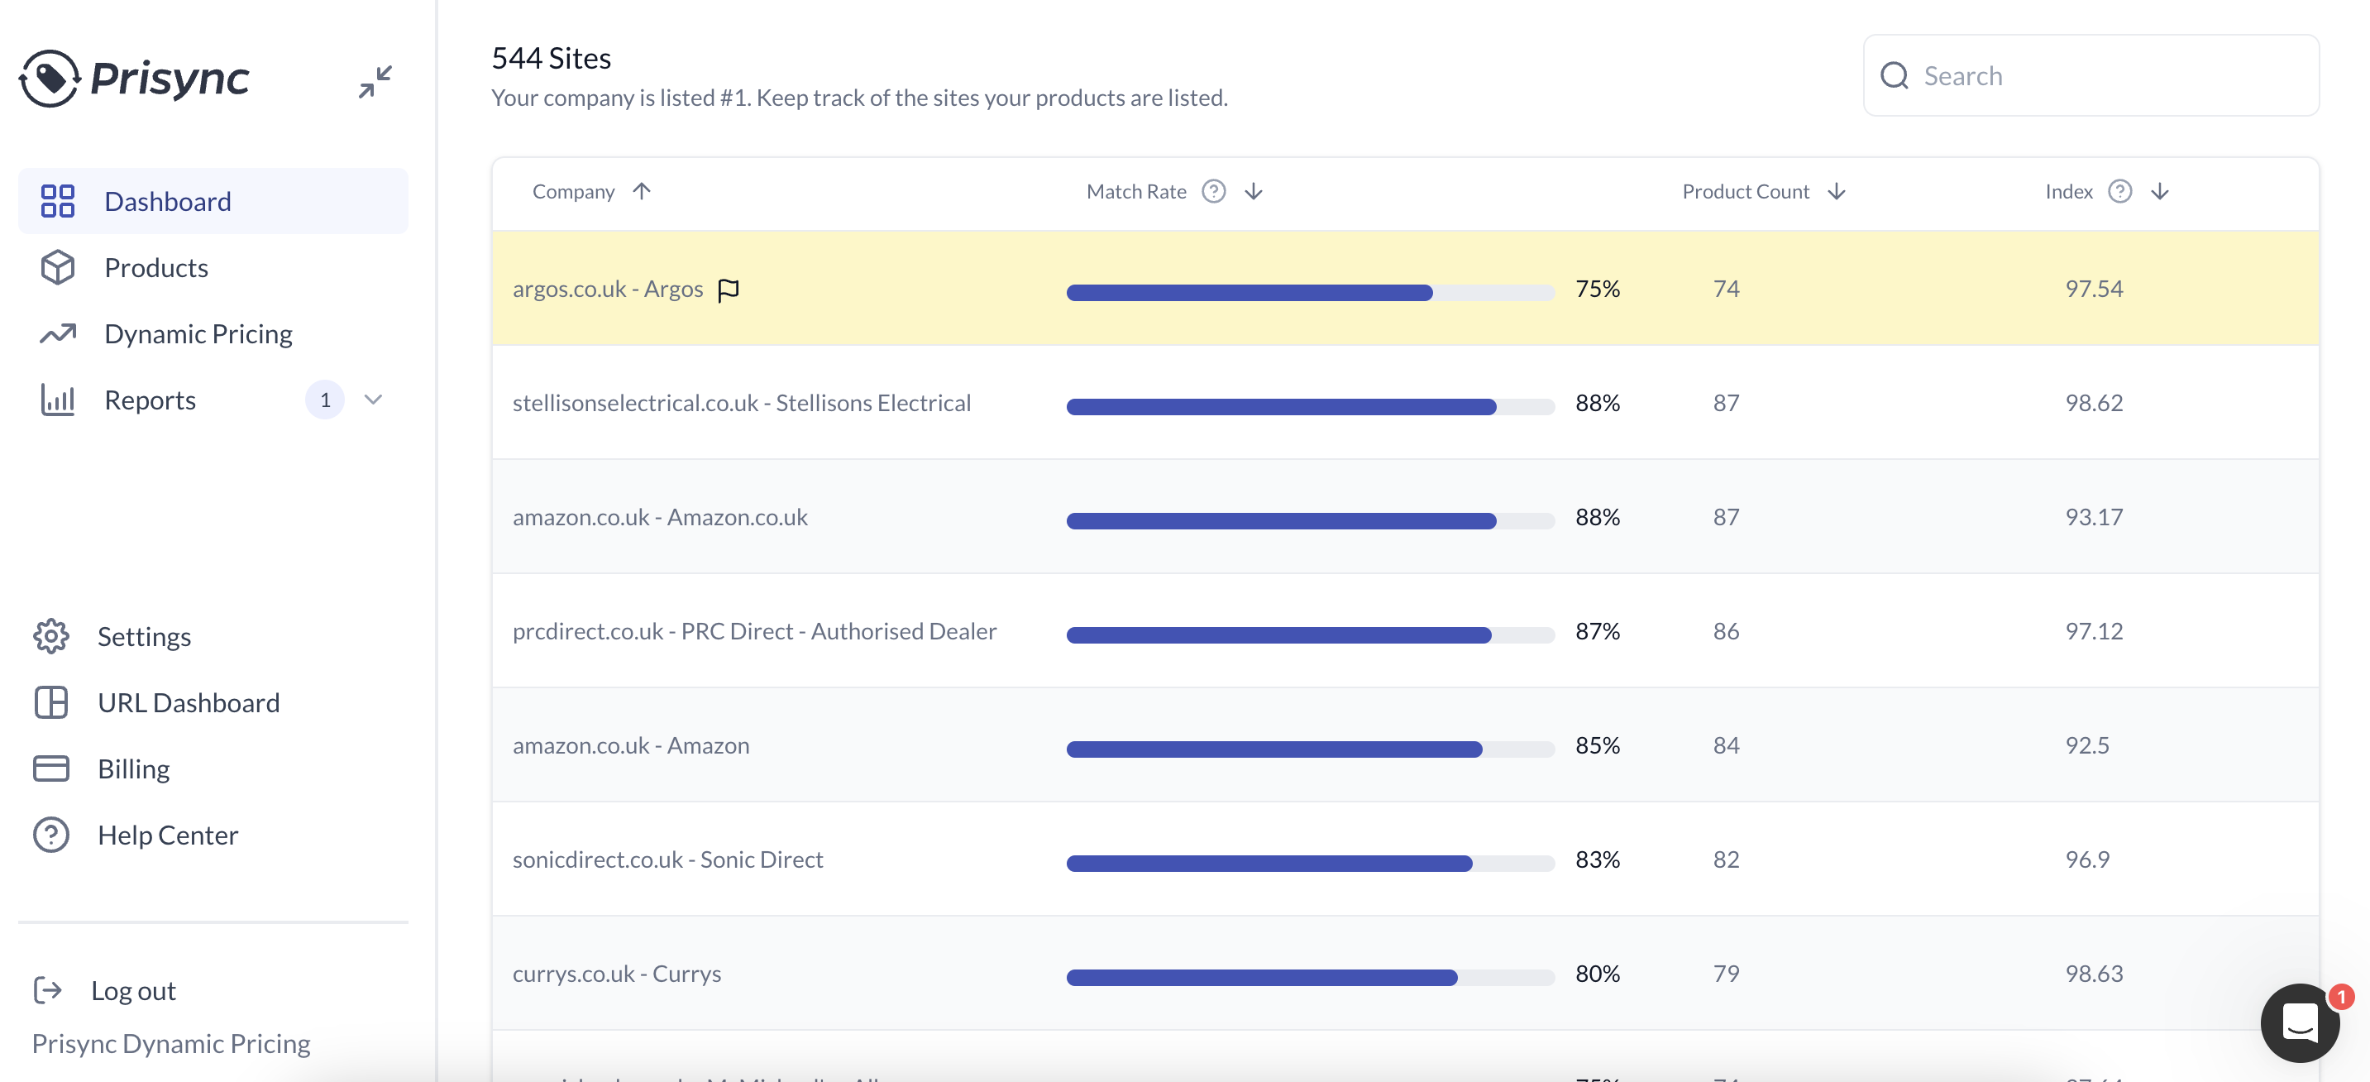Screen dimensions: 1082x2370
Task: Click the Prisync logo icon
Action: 49,79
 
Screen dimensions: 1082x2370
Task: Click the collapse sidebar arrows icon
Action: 375,81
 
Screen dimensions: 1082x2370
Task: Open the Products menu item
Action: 155,268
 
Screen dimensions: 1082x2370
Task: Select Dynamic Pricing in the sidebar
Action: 198,334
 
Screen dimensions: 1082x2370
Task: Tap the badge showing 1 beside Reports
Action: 325,400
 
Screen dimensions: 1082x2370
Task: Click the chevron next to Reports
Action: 373,400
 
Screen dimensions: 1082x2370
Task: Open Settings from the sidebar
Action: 144,637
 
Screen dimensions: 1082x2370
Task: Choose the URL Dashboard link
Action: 188,703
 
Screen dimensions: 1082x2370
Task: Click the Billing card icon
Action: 51,768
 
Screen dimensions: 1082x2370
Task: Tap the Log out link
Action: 132,991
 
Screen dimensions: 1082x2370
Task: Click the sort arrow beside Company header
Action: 641,191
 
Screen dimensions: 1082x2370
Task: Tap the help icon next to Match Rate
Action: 1213,191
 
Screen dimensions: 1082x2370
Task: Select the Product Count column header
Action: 1744,191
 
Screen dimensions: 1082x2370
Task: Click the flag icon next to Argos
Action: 728,290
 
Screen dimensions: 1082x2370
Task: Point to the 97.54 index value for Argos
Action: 2093,289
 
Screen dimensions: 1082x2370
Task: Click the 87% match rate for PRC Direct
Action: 1596,631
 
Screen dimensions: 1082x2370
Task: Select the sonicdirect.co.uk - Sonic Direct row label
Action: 667,859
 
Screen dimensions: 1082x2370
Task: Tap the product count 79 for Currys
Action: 1725,974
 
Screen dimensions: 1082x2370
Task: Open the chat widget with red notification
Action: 2299,1022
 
